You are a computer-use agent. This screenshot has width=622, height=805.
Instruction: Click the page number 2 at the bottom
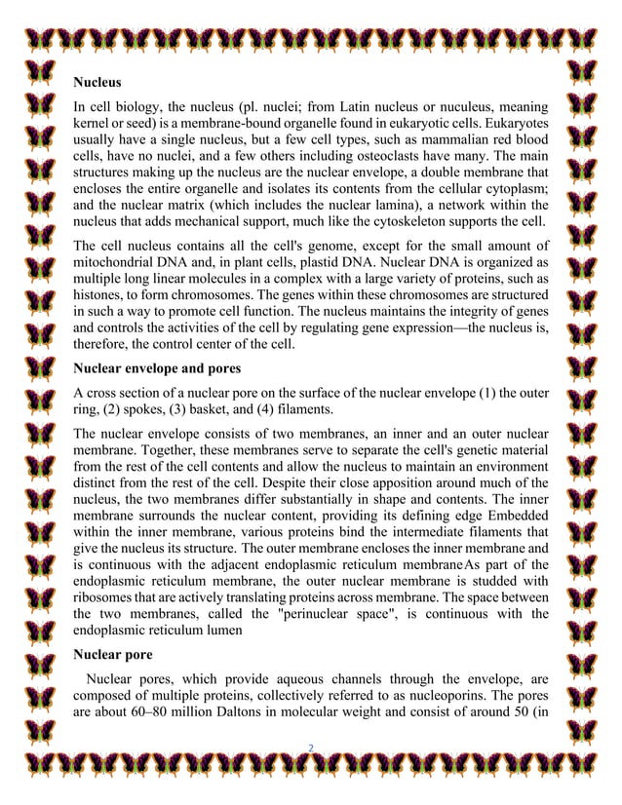(310, 747)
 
